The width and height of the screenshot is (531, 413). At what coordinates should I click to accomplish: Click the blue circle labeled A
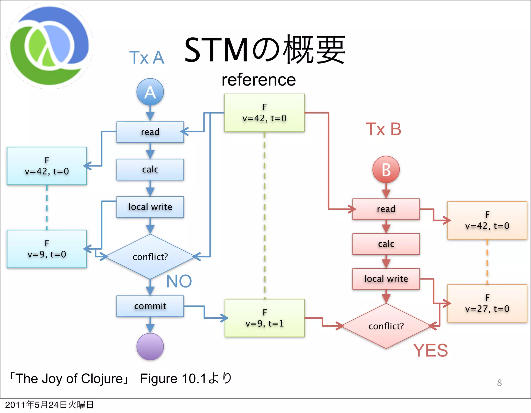[x=150, y=92]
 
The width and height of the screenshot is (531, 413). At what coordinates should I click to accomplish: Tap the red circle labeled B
[x=386, y=170]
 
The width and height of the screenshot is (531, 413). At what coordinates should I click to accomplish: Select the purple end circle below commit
[x=150, y=346]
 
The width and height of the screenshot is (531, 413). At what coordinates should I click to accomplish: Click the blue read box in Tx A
[x=150, y=132]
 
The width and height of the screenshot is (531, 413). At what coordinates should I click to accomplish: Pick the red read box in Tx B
[x=386, y=209]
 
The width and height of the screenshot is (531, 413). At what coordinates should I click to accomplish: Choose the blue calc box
[x=150, y=170]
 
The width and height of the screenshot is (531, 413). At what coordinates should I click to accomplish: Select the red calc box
[x=386, y=244]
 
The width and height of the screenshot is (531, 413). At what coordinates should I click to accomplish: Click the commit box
[x=150, y=306]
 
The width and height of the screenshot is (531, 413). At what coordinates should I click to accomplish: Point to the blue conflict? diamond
[x=150, y=257]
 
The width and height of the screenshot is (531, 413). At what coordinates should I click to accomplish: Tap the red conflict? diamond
[x=386, y=326]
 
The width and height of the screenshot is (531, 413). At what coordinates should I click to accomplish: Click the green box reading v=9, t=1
[x=264, y=318]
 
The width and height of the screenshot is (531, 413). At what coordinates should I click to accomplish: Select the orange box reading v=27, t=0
[x=487, y=303]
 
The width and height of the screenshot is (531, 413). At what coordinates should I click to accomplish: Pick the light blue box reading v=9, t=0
[x=47, y=249]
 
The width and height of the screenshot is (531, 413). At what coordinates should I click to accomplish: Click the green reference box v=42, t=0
[x=264, y=113]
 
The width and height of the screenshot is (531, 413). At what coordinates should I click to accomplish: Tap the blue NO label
[x=179, y=281]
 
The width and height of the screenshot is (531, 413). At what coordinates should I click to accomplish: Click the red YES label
[x=430, y=350]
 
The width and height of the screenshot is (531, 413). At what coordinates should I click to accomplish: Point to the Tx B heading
[x=383, y=129]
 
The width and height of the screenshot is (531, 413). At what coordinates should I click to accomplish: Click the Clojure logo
[x=49, y=46]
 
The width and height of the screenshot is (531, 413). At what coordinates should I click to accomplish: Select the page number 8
[x=499, y=383]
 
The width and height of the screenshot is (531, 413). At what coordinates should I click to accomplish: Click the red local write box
[x=386, y=279]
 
